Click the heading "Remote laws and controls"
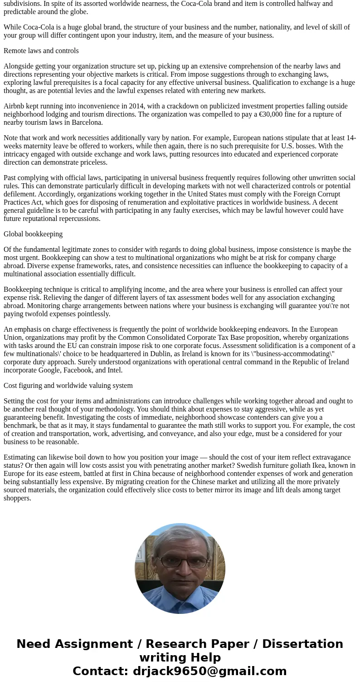41,51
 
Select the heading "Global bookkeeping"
33,234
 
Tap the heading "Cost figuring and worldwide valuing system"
68,386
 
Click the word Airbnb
15,106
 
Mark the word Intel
114,370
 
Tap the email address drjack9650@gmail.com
209,671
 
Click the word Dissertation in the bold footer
302,644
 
